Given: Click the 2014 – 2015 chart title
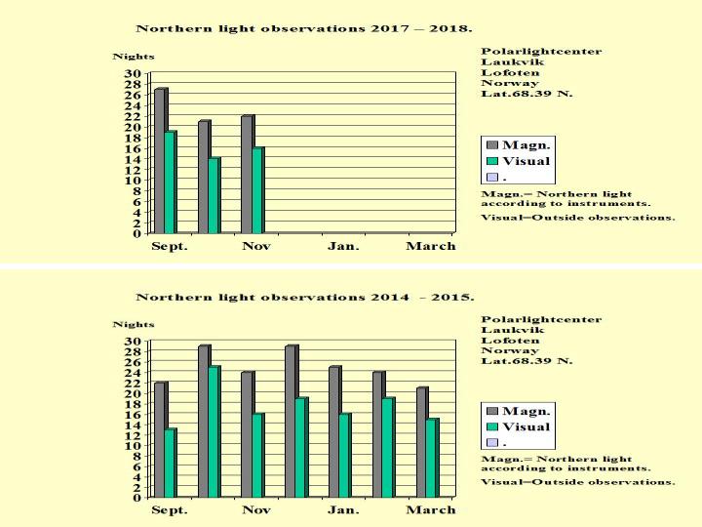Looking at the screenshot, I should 305,296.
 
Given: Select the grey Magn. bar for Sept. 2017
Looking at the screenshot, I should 159,161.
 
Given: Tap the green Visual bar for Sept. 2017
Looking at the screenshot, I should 170,182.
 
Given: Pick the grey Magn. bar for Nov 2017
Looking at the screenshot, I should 247,175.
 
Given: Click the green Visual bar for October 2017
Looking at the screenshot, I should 214,195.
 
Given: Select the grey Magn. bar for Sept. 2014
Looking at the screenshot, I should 159,439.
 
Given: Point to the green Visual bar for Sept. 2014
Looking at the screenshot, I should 170,463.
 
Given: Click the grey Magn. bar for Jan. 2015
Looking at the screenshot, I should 333,431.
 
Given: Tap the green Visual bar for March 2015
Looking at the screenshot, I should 432,458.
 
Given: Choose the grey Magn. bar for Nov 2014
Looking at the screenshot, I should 247,434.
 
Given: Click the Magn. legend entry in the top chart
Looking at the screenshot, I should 519,144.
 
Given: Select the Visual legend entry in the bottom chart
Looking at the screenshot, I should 519,426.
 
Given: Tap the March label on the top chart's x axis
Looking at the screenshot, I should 430,246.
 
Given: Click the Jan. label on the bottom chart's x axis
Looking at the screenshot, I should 343,509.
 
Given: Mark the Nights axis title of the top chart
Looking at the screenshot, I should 133,57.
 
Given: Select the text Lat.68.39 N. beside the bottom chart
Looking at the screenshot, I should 526,361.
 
